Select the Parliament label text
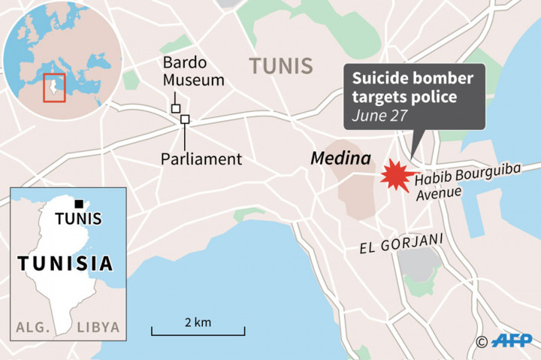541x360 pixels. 201,159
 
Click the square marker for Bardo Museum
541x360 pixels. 176,109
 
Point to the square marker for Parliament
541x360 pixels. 185,119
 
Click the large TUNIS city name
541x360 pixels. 281,66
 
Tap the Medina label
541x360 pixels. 340,159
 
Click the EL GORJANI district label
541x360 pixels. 403,240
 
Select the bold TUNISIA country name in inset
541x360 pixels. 66,264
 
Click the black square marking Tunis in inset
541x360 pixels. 78,203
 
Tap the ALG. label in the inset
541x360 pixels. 32,327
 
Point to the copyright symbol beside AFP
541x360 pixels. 482,342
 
